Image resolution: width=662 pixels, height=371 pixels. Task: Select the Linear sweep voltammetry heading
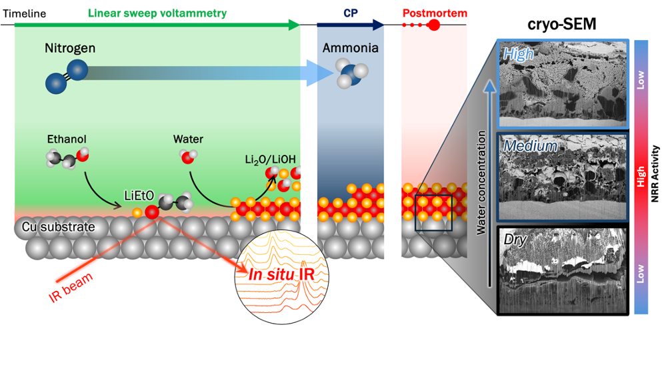click(157, 13)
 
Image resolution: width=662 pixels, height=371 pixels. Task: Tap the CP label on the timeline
click(351, 13)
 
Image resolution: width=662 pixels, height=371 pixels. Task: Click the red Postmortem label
click(435, 13)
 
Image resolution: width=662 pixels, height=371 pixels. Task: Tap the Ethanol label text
click(67, 139)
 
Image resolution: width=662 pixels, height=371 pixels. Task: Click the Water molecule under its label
click(189, 157)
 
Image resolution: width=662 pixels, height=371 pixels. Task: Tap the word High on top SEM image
click(519, 54)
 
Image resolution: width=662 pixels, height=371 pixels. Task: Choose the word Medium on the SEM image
click(530, 145)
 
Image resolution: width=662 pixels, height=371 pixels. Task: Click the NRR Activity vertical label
click(655, 177)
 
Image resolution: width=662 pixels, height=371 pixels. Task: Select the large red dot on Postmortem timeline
click(433, 25)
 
